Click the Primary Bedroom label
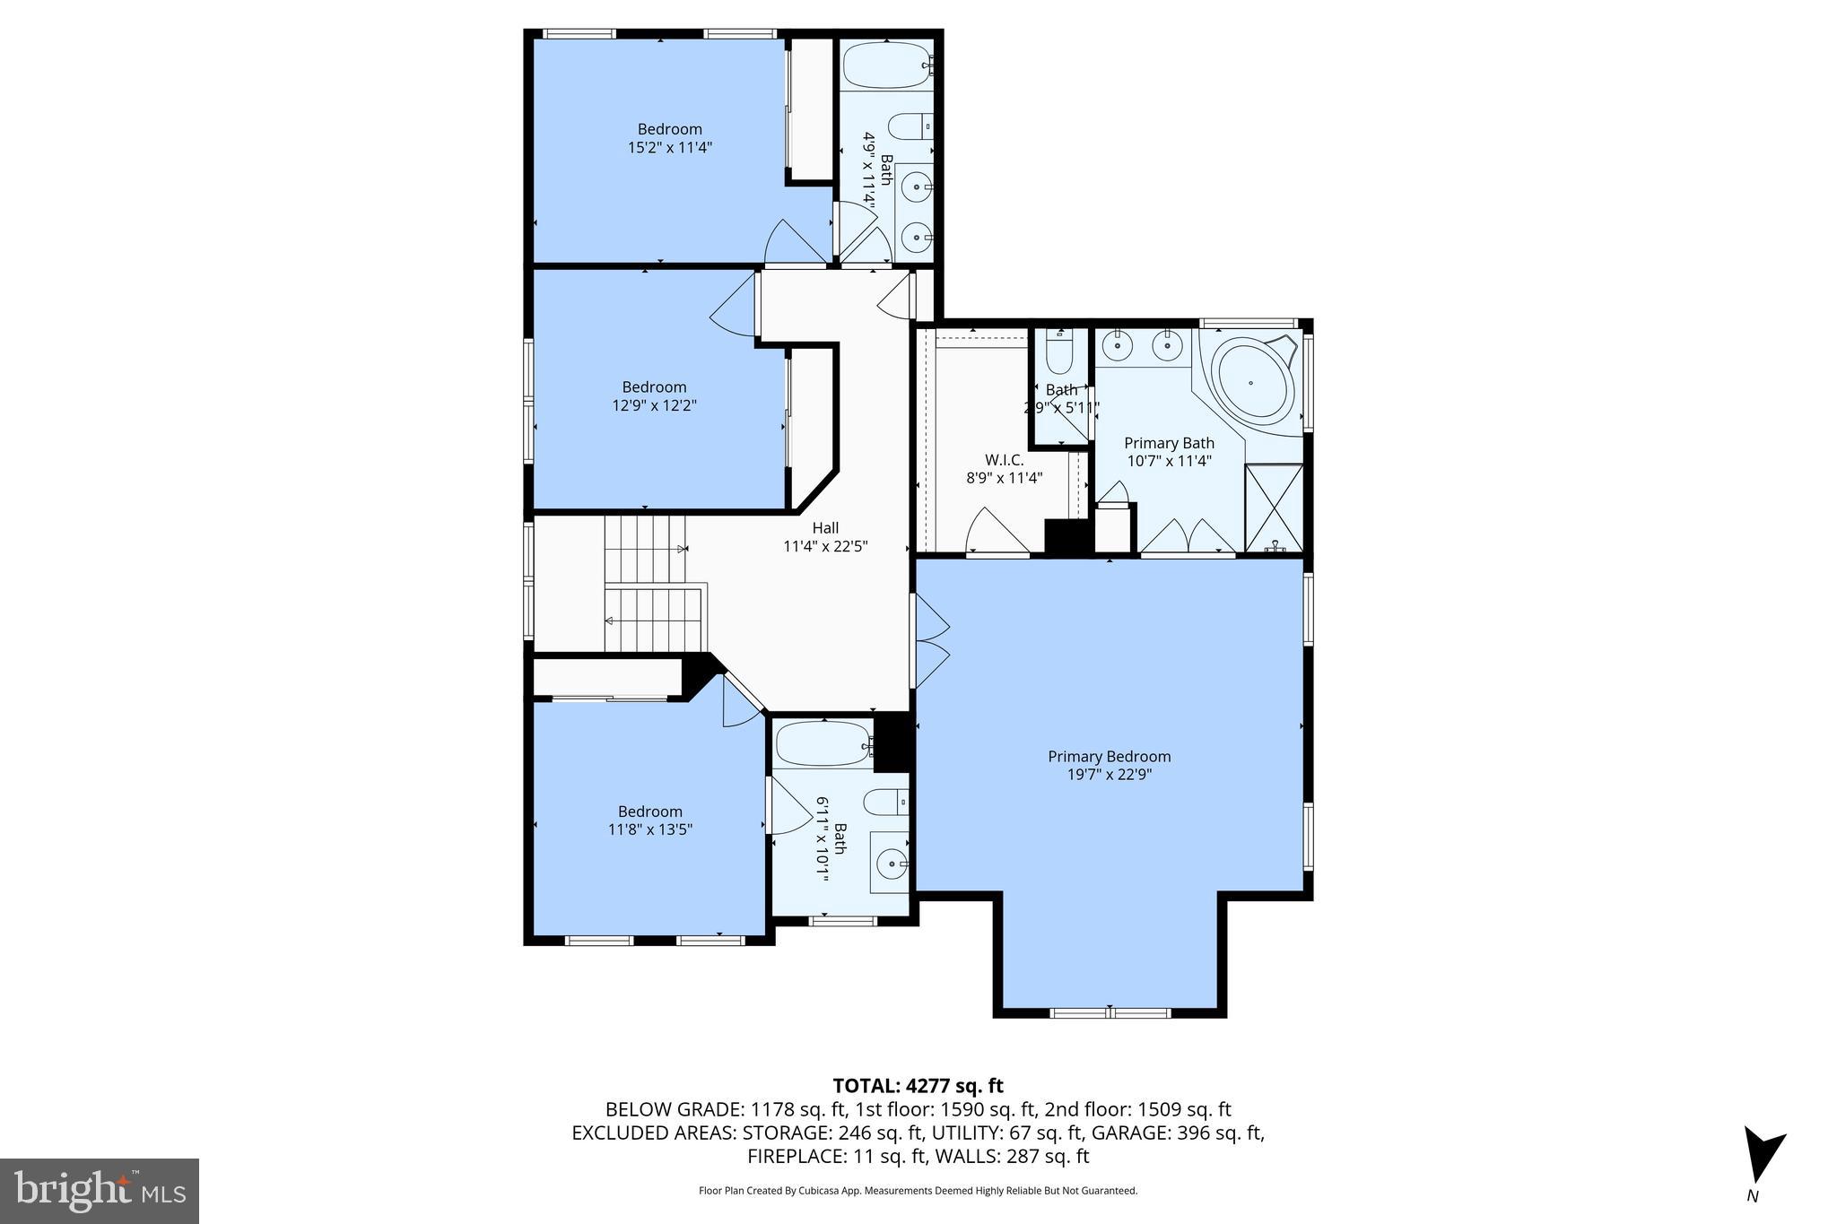pos(1109,756)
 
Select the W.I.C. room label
pos(1003,460)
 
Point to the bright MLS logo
pos(100,1191)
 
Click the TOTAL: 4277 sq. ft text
pos(918,1086)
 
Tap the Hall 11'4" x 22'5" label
pos(825,536)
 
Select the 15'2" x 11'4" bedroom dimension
pos(669,147)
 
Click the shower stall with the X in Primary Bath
pos(1274,507)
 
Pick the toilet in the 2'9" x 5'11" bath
pos(1059,354)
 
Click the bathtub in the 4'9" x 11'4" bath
pos(886,65)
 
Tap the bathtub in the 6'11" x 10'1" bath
pos(823,743)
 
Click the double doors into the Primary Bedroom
pos(929,640)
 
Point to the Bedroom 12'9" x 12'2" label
pos(654,395)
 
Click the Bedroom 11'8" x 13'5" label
pos(649,820)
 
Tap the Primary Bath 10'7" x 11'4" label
pos(1169,451)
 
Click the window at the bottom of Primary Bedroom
pos(1110,1013)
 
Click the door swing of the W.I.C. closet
pos(993,534)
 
